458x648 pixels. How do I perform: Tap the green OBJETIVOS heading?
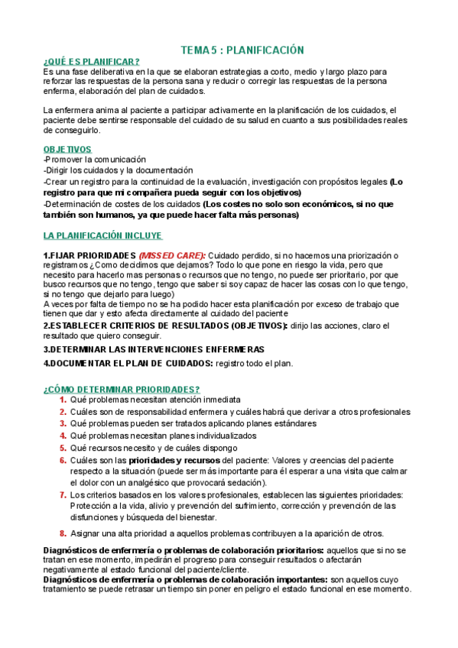point(67,149)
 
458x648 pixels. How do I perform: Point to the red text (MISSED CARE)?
point(172,254)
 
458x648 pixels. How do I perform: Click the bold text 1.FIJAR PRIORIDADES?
point(89,254)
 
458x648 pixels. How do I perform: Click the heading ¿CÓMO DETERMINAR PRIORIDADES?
point(122,389)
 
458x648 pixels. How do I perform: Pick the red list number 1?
point(63,400)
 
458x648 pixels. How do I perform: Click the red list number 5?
point(63,448)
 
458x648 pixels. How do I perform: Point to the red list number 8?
point(63,533)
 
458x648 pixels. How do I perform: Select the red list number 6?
point(63,460)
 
